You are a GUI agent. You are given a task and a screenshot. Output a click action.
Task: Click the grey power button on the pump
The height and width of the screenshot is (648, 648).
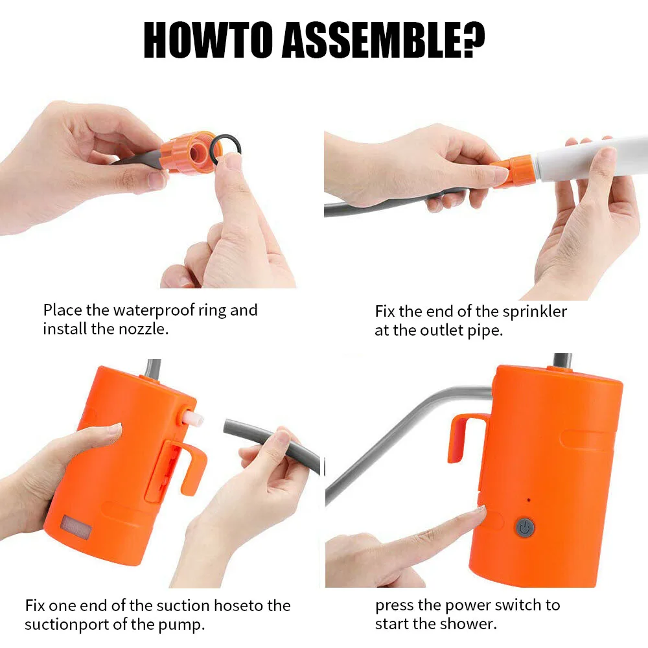pyautogui.click(x=525, y=527)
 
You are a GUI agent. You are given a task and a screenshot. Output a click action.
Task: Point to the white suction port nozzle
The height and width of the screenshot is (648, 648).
pyautogui.click(x=194, y=418)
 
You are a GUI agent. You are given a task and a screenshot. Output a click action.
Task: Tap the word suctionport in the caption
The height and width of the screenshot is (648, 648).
pyautogui.click(x=67, y=625)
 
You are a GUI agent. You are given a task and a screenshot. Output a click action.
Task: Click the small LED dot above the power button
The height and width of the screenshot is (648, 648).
pyautogui.click(x=529, y=500)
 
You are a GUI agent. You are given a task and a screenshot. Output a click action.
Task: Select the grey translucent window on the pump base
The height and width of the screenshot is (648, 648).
pyautogui.click(x=76, y=527)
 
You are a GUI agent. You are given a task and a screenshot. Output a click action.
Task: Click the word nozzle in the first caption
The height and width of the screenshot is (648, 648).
pyautogui.click(x=143, y=329)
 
